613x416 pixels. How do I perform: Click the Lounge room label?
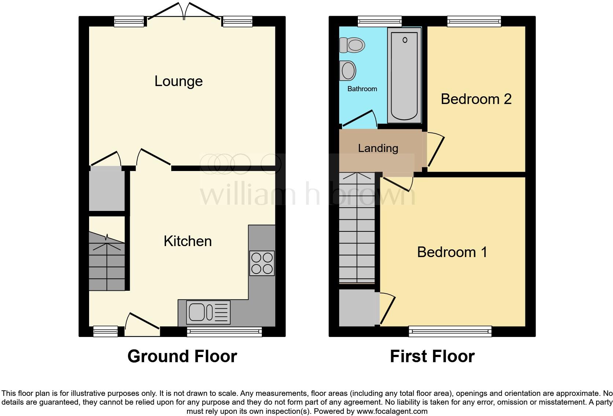(x=179, y=81)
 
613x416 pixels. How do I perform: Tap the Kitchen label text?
(x=188, y=241)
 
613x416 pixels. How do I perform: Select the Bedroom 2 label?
(x=476, y=99)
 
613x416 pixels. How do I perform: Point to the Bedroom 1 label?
(x=452, y=252)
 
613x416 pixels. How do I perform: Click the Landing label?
(x=378, y=148)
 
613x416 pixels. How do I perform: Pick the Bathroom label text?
(x=362, y=89)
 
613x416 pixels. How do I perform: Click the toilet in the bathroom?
(x=352, y=45)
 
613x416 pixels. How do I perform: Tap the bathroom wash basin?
(x=348, y=70)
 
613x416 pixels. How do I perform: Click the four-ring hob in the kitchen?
(x=262, y=263)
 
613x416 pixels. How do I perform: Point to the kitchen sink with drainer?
(x=208, y=312)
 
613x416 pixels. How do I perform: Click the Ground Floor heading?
(x=182, y=356)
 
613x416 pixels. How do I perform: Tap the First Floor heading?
(x=432, y=356)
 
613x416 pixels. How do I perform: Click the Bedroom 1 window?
(x=450, y=332)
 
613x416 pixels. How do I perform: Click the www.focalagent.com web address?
(x=392, y=411)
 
